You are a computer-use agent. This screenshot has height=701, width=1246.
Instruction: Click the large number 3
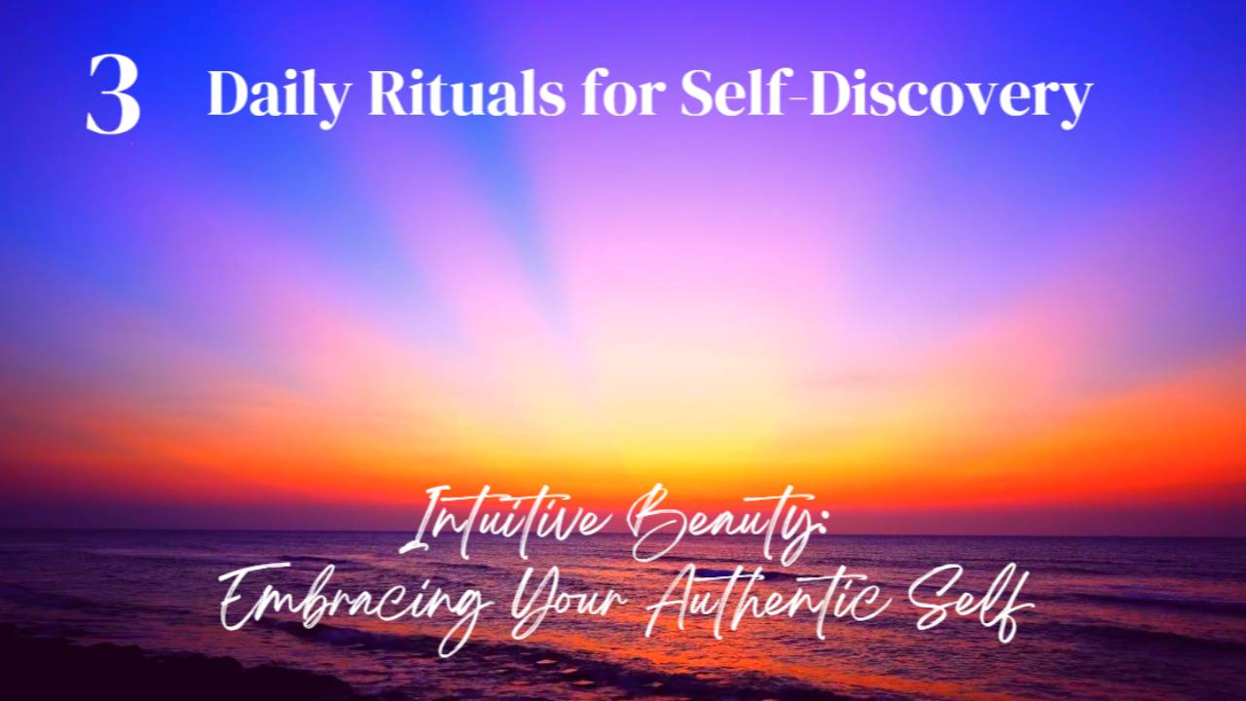coord(113,94)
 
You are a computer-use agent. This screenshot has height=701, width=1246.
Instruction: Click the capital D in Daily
coord(227,94)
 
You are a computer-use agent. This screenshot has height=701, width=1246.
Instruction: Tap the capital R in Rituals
coord(368,94)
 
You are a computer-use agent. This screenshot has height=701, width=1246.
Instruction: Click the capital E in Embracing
coord(243,599)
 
